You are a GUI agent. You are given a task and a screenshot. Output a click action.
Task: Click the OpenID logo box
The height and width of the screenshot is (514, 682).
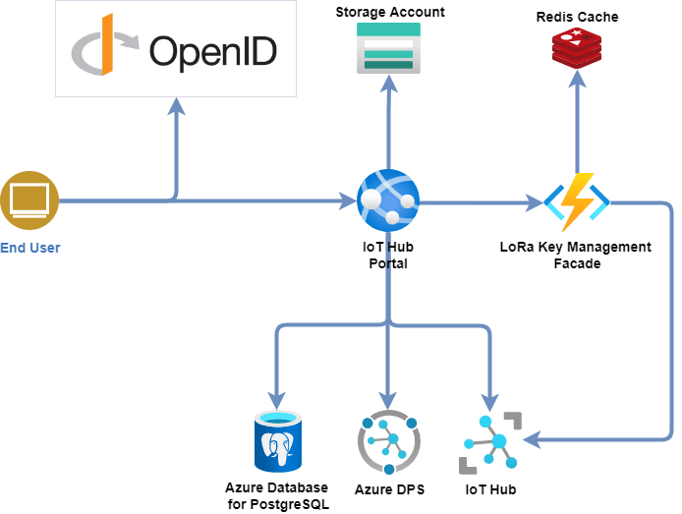176,49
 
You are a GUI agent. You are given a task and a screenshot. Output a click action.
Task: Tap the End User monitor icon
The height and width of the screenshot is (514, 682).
29,200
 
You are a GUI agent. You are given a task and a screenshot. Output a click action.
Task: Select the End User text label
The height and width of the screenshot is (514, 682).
30,248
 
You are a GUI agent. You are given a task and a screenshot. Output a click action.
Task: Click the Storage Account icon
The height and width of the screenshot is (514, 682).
388,48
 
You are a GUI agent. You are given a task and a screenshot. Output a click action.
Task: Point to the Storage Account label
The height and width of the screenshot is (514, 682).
390,13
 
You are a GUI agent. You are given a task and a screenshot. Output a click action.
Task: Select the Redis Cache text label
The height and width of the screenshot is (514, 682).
578,18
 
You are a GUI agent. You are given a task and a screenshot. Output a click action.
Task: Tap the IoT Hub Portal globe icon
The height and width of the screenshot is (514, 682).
389,200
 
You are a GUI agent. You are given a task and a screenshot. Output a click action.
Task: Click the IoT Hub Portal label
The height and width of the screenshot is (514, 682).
389,257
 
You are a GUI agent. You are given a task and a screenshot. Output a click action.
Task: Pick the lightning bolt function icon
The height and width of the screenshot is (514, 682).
578,200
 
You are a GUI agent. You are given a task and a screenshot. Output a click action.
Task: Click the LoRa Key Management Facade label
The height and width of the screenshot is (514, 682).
576,256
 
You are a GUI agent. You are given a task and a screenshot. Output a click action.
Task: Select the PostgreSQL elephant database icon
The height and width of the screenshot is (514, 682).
278,441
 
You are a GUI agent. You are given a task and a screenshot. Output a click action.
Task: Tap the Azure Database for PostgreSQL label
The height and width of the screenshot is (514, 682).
277,496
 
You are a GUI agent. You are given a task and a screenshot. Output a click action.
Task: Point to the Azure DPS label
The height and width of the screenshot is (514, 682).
390,488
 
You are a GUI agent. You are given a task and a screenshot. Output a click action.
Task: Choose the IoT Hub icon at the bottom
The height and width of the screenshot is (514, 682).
490,441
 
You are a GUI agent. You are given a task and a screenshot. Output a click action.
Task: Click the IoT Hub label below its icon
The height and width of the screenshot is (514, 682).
490,488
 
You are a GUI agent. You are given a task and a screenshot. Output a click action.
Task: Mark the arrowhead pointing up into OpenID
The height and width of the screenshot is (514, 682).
176,105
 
